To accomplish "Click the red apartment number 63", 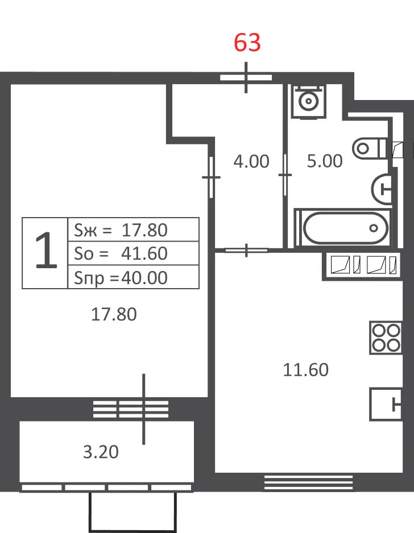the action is tap(247, 43).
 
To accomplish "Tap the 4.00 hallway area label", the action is tap(251, 161).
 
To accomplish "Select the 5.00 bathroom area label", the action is tap(325, 161).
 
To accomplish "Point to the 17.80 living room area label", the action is tap(114, 314).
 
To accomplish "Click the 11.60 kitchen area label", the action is tap(306, 370).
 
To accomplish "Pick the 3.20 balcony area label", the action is tap(101, 452).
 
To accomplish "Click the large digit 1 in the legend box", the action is tap(46, 251).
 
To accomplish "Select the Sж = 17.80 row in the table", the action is tap(133, 230).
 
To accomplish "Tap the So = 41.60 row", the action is tap(133, 253).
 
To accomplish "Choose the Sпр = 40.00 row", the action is tap(133, 277).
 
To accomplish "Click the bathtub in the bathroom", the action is tap(343, 228).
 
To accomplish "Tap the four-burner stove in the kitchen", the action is tap(386, 338).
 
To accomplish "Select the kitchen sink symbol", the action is tap(386, 404).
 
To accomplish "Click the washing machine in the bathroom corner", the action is tap(309, 101).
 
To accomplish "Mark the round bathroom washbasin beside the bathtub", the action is tap(382, 189).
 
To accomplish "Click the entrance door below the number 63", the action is tap(246, 77).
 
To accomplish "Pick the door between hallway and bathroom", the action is tap(285, 175).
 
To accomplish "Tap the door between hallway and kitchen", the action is tap(246, 251).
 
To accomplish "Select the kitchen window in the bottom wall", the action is tap(309, 482).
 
